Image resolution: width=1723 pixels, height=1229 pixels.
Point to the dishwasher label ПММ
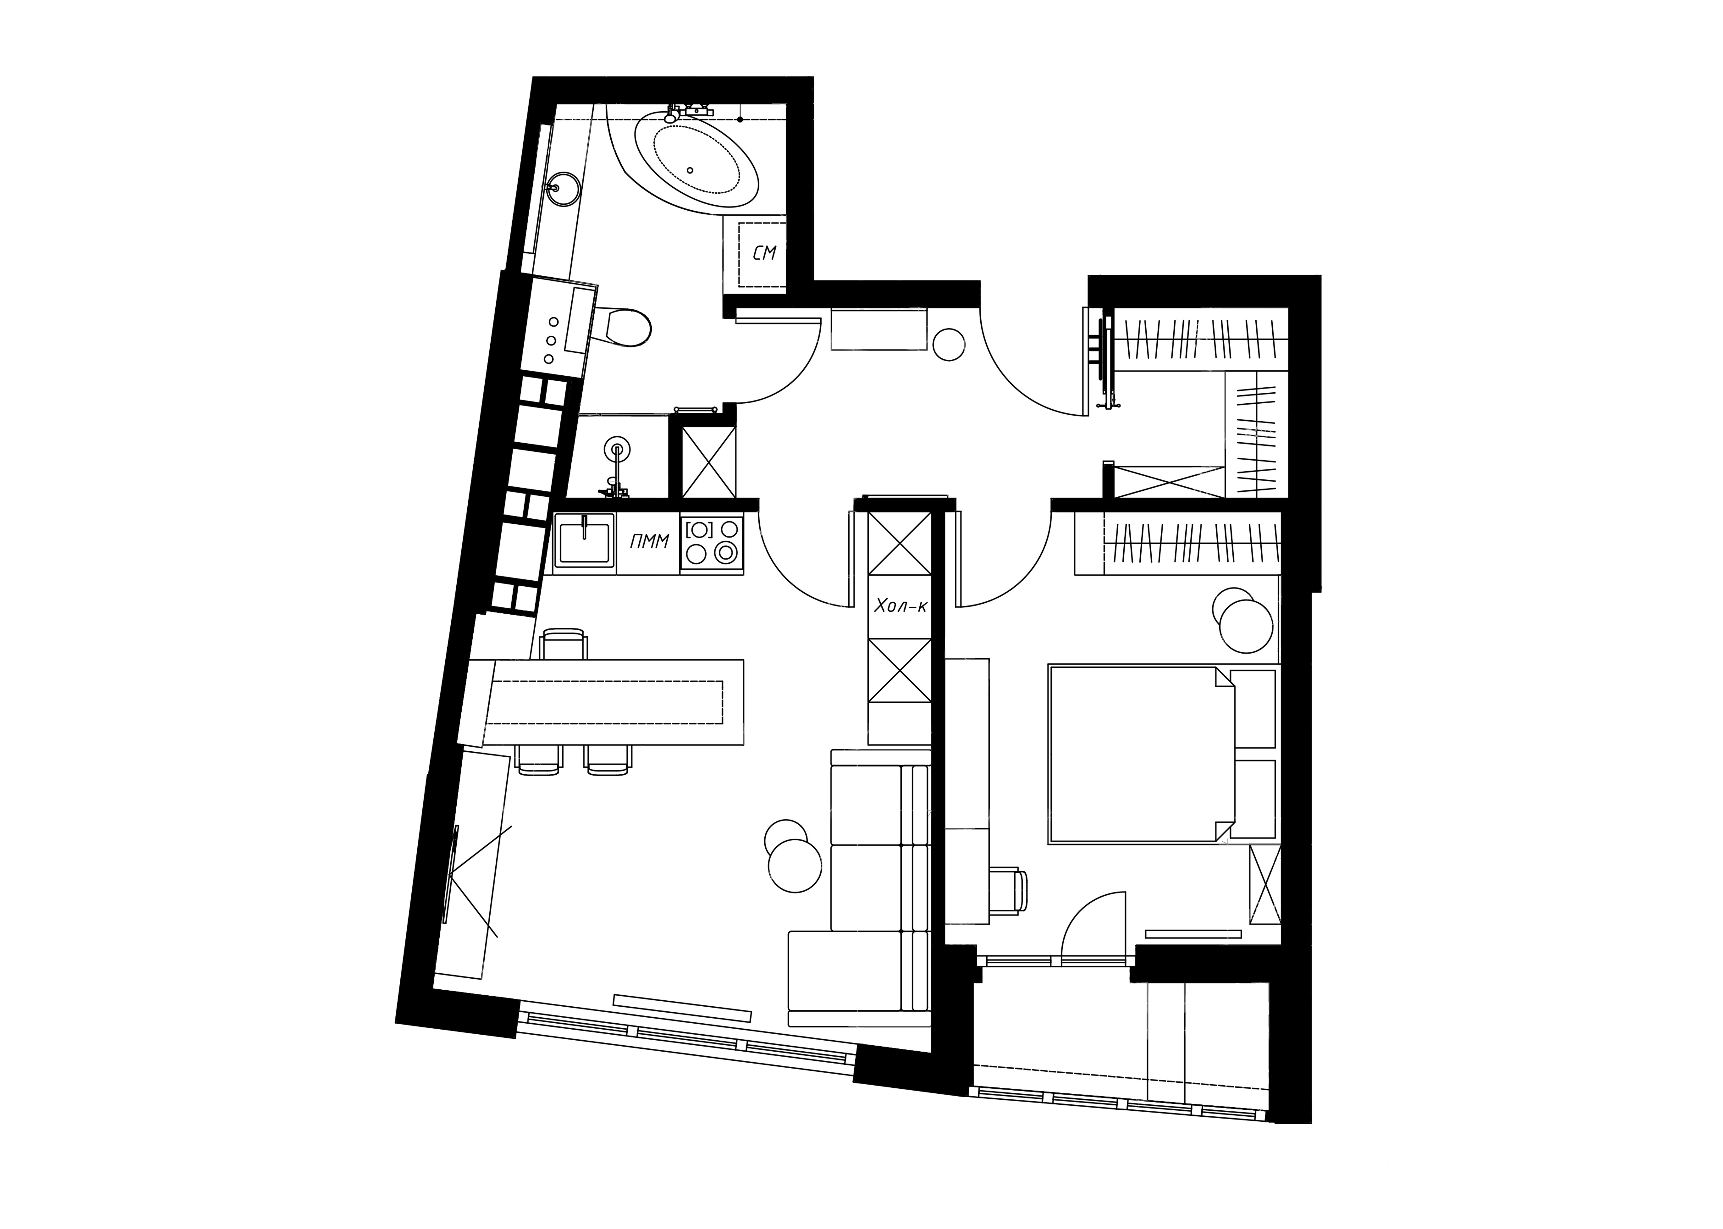tap(649, 540)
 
